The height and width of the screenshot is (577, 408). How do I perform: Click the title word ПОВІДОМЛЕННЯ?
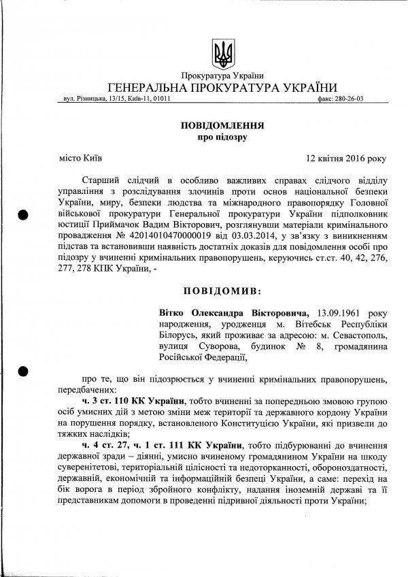click(222, 126)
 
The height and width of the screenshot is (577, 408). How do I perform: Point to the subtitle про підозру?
click(222, 137)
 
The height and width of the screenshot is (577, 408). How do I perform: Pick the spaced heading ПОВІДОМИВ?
click(222, 291)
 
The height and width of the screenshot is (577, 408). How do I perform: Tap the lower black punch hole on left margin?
click(23, 372)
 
